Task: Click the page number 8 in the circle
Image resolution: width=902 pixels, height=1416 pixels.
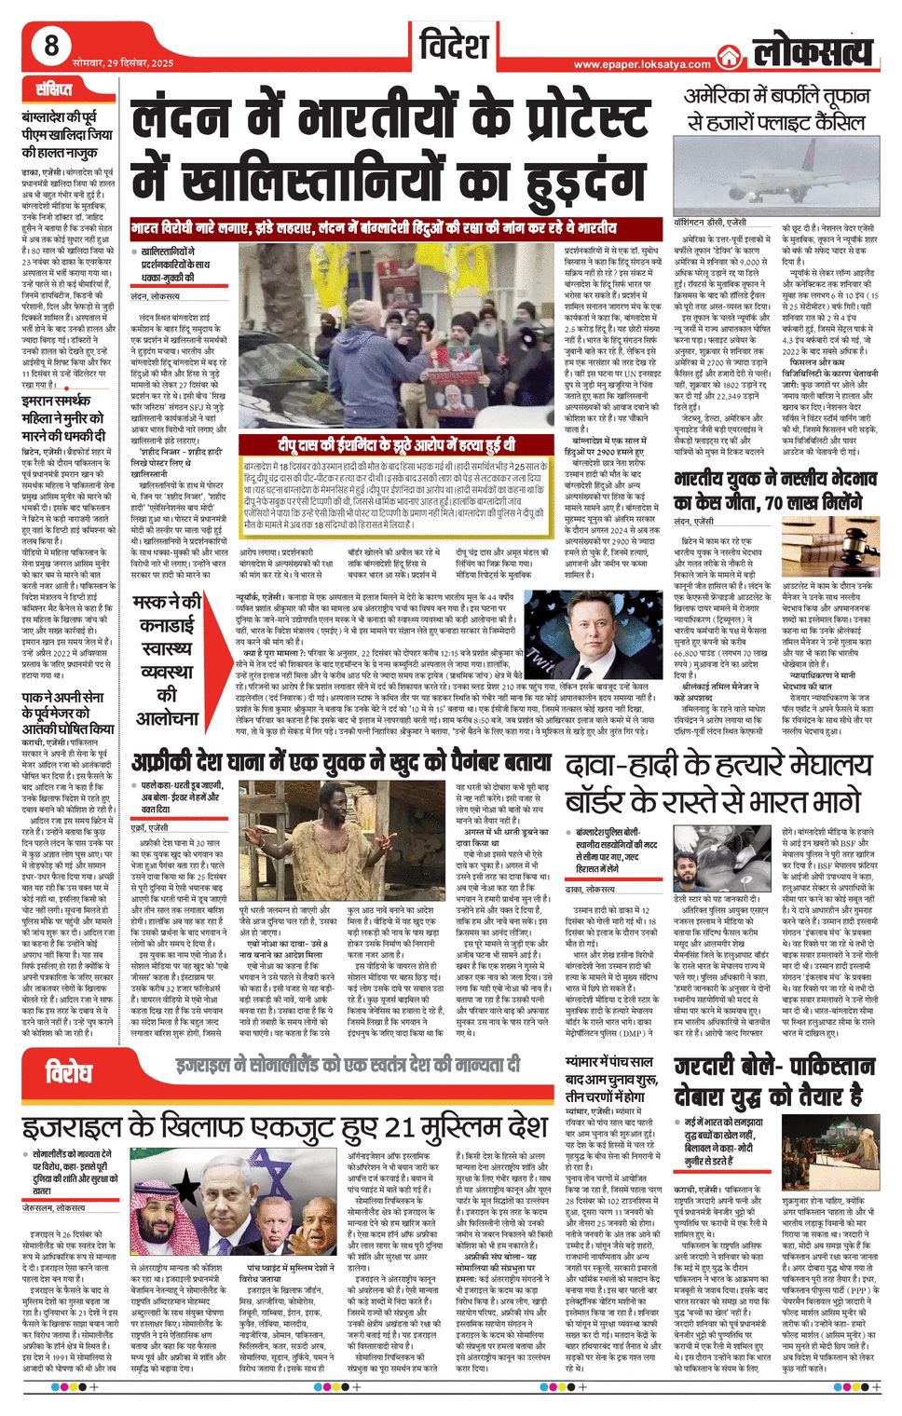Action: click(51, 46)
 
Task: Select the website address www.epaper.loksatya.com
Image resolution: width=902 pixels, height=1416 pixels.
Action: click(642, 64)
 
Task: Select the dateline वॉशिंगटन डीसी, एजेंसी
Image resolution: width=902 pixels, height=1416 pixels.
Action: click(710, 224)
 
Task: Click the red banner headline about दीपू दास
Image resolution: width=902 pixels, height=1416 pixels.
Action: click(395, 445)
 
